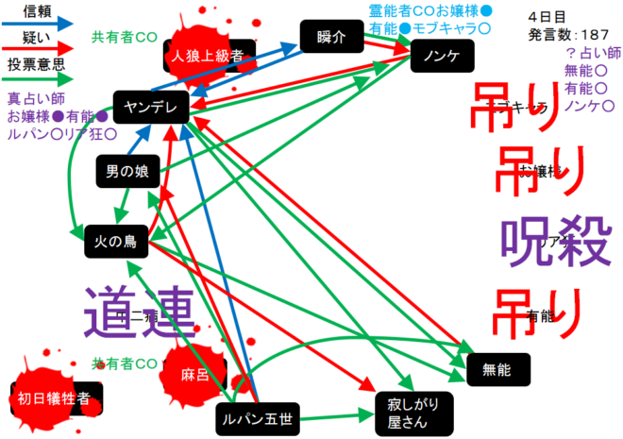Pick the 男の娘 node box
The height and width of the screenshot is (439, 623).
click(125, 173)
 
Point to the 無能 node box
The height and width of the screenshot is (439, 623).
click(498, 369)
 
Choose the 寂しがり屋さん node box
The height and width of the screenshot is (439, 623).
click(413, 409)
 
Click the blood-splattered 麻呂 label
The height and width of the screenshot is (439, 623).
click(195, 375)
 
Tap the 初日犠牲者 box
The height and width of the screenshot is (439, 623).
click(54, 398)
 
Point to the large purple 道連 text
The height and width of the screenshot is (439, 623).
click(139, 311)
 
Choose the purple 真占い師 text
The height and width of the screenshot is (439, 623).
click(35, 98)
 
